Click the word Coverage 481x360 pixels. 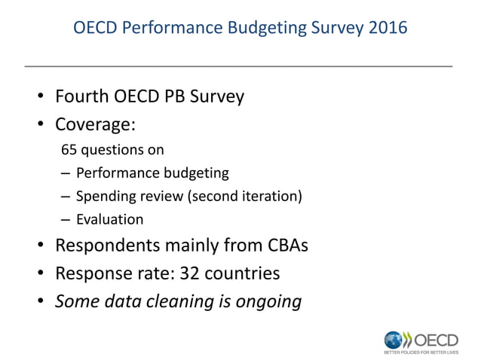[x=93, y=124]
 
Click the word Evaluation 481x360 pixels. [x=110, y=220]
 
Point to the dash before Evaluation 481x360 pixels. [x=66, y=220]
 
